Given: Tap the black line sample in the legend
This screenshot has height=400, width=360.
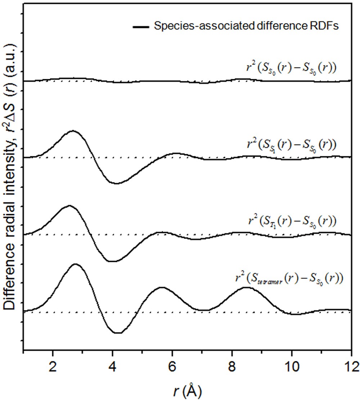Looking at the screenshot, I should coord(141,27).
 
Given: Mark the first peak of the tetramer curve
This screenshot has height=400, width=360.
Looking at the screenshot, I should coord(75,264).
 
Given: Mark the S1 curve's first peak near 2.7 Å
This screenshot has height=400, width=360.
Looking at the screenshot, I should coord(73,131).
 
